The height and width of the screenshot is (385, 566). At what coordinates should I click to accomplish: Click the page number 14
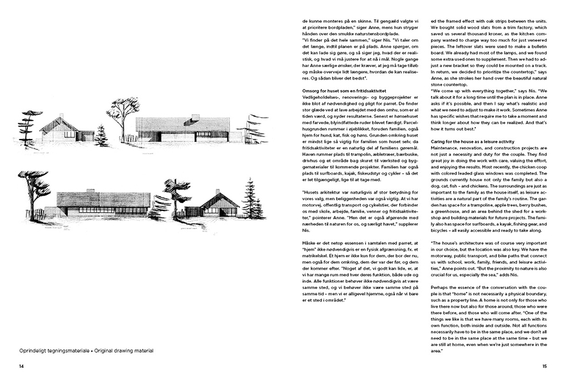point(21,366)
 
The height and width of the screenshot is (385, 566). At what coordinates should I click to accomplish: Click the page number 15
point(544,366)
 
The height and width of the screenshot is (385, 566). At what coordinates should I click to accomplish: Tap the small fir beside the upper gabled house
point(101,137)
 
